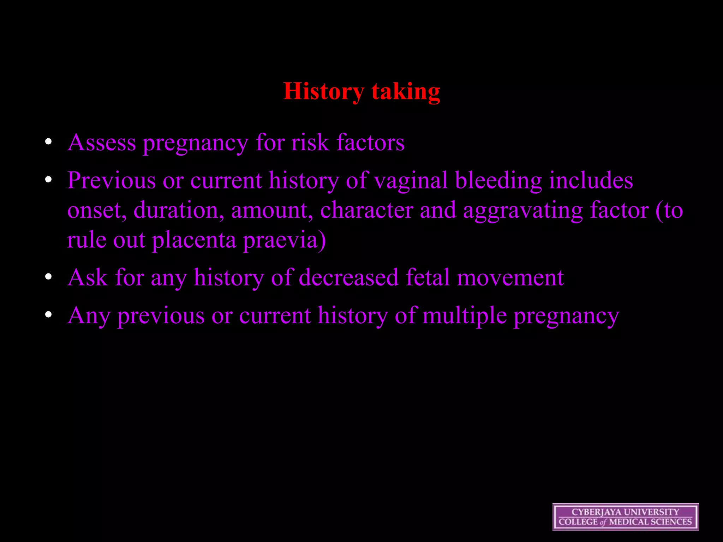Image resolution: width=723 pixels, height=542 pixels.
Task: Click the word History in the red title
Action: [323, 91]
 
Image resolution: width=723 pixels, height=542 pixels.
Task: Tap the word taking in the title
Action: [406, 91]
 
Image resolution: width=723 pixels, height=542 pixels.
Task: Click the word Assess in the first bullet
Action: [102, 143]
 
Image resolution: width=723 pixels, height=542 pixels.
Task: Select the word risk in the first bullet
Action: [310, 143]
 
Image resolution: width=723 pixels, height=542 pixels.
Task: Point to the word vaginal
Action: [411, 181]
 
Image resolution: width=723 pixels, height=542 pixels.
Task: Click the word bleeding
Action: [498, 181]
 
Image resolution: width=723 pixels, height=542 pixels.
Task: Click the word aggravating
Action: [522, 211]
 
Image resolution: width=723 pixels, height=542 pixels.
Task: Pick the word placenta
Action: [194, 240]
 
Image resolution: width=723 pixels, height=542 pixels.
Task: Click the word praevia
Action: [284, 240]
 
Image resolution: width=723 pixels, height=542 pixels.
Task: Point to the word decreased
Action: [348, 278]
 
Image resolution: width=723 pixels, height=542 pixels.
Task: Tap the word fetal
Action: [427, 278]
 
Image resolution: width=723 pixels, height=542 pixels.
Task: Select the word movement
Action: [510, 278]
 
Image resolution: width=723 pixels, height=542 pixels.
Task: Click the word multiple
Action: [464, 315]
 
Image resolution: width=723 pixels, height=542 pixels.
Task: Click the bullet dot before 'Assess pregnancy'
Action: [48, 142]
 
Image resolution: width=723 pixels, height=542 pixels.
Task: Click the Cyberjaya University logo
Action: [625, 517]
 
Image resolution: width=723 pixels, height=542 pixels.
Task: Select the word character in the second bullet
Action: [366, 211]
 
